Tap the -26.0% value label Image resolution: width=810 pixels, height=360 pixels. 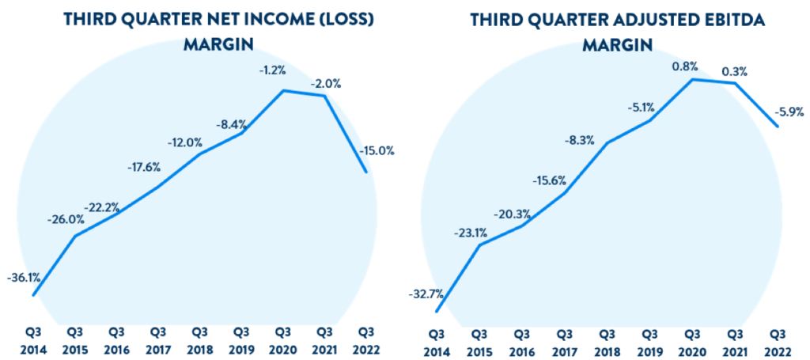click(x=67, y=219)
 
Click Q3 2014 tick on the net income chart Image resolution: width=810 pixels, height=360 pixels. click(x=33, y=340)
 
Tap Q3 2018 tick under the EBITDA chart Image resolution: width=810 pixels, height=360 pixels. click(x=608, y=340)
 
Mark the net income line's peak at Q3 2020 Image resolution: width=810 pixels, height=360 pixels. click(x=283, y=90)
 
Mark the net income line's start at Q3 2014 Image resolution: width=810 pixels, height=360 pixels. click(x=33, y=295)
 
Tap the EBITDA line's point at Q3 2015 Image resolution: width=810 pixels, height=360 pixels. click(x=480, y=244)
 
